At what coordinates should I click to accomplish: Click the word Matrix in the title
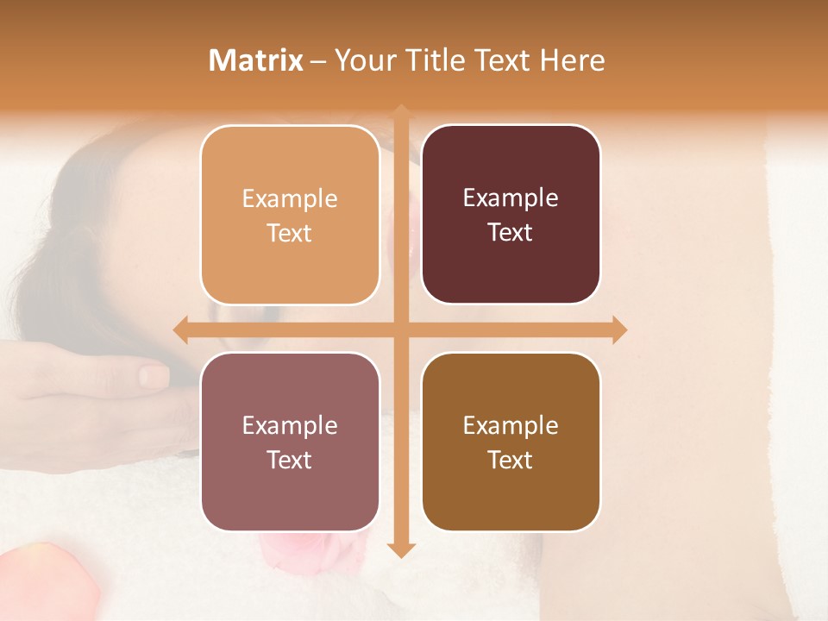pos(256,60)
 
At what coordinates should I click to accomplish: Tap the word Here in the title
pos(572,60)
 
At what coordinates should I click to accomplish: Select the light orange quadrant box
pos(290,215)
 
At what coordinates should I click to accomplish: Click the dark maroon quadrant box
pos(511,215)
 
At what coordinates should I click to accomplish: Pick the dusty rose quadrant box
pos(290,442)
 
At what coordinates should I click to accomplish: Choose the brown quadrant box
pos(511,442)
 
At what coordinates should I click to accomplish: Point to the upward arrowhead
pos(400,113)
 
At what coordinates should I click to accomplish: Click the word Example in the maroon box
pos(511,198)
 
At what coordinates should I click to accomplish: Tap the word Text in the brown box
pos(511,460)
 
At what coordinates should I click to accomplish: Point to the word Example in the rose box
pos(290,425)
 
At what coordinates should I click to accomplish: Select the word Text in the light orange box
pos(290,234)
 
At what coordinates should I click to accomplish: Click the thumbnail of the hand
pos(154,376)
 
